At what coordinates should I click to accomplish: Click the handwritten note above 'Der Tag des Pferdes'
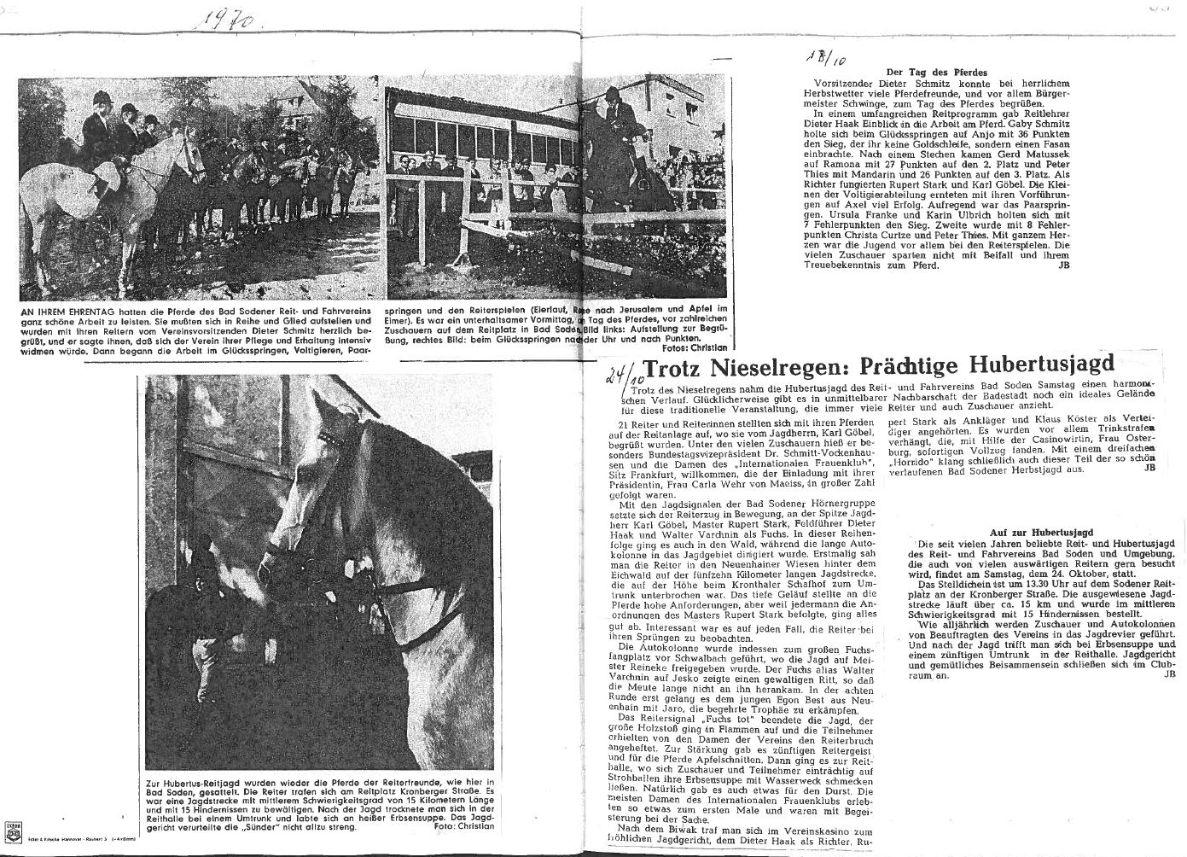click(x=823, y=58)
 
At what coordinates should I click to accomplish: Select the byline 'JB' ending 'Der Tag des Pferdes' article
click(x=1063, y=265)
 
